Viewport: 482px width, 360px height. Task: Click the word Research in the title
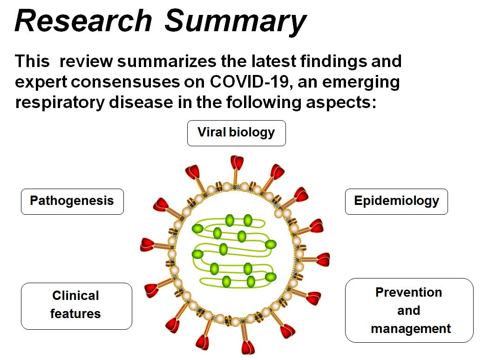83,21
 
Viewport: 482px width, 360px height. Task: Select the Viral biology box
236,133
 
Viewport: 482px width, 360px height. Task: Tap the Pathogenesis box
72,201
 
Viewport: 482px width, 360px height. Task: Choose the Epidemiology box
396,201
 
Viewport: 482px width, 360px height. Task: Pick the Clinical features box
76,306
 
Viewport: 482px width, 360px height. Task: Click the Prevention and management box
409,310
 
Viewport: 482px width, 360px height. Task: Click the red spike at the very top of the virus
238,163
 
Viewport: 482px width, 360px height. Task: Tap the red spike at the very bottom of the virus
247,347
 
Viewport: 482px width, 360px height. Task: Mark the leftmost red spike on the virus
148,244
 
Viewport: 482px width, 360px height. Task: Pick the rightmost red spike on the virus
323,259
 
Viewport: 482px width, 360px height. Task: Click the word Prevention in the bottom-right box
409,292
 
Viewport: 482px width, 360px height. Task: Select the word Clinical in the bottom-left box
76,296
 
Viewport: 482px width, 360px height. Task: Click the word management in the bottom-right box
411,329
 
